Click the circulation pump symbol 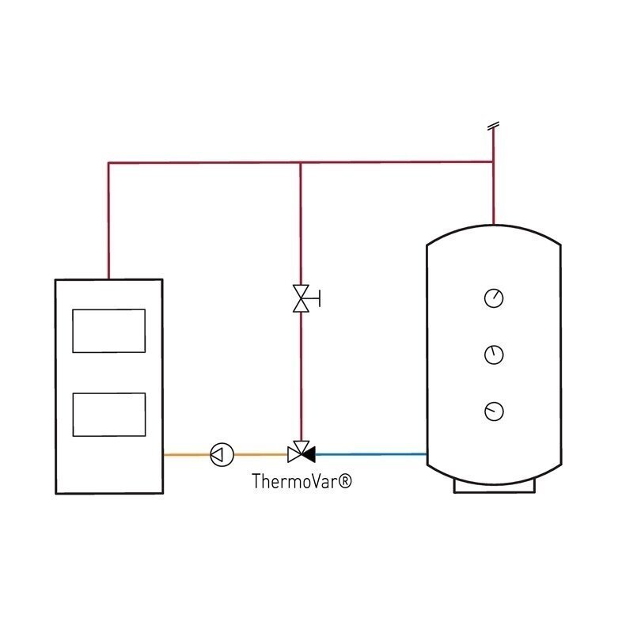pos(222,454)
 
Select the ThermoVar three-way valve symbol pos(301,452)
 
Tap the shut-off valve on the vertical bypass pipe pos(301,298)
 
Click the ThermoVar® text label pos(302,481)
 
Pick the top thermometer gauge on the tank pos(494,298)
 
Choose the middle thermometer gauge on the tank pos(494,355)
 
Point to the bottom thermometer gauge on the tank pos(494,412)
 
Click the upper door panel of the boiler pos(109,331)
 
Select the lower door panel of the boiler pos(109,415)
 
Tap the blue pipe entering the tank pos(371,454)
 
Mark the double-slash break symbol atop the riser pos(493,126)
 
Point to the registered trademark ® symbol pos(345,481)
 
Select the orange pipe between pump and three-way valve pos(260,454)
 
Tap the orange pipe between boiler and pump pos(187,454)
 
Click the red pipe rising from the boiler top pos(108,221)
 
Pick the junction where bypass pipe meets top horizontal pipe pos(301,162)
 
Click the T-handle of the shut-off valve pos(315,298)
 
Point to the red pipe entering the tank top pos(494,193)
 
